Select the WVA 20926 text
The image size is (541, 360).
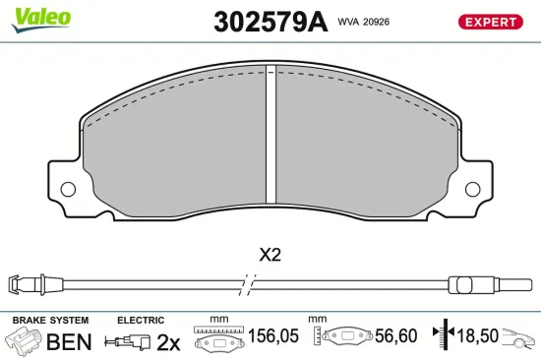click(364, 22)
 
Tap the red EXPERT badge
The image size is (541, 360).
click(489, 22)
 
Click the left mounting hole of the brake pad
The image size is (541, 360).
click(68, 189)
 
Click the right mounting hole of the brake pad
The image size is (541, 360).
click(475, 189)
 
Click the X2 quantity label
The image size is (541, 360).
click(270, 255)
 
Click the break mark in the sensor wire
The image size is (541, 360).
click(253, 286)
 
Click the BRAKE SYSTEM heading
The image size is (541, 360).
click(49, 321)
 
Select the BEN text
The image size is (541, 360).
click(69, 341)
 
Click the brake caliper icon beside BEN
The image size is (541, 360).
click(24, 341)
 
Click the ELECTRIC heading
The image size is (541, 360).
click(140, 321)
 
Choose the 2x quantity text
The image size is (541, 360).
click(169, 341)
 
